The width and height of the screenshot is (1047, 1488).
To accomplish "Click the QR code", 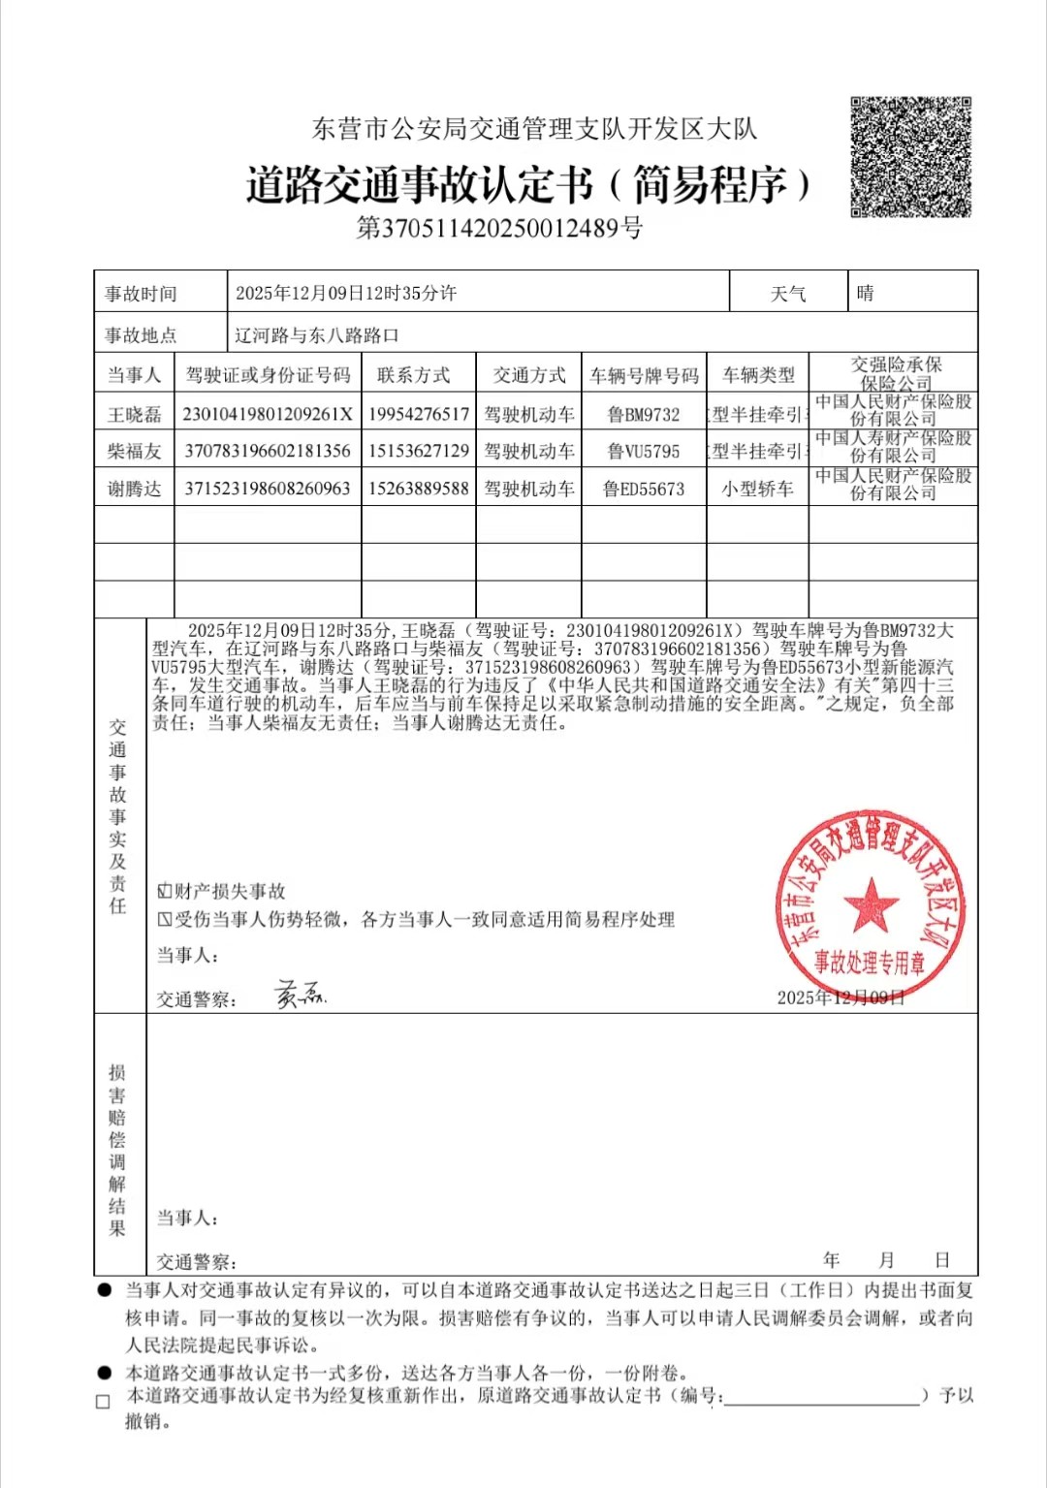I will [910, 157].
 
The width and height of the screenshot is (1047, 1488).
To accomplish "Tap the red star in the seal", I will [870, 904].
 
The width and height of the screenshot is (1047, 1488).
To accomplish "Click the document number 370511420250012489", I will [499, 229].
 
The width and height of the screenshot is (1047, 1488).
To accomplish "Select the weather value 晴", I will [866, 293].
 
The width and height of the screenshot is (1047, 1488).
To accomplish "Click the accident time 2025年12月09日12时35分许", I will [346, 293].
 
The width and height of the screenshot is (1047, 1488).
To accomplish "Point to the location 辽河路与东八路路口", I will [317, 335].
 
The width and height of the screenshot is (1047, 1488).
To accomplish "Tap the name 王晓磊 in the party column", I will [134, 415].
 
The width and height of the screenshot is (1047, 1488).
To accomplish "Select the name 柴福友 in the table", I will [134, 452].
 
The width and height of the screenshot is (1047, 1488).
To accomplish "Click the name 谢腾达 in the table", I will [134, 490].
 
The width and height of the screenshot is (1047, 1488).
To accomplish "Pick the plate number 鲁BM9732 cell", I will [644, 415].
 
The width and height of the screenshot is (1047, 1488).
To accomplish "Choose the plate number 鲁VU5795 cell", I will [644, 452].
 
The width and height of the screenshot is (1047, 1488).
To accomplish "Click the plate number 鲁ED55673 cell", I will [644, 490].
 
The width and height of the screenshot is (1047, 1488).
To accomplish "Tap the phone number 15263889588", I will [419, 490].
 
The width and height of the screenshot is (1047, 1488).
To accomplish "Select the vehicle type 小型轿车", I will [757, 490].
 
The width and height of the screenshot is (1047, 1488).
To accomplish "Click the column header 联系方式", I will [414, 375].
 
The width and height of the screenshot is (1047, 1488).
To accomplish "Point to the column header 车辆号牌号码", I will [644, 376].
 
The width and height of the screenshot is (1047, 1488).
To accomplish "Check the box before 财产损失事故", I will [165, 891].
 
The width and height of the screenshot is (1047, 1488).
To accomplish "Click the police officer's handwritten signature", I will [300, 994].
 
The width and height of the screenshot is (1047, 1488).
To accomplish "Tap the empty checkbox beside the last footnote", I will [104, 1402].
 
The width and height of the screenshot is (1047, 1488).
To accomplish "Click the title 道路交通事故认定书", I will [419, 184].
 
